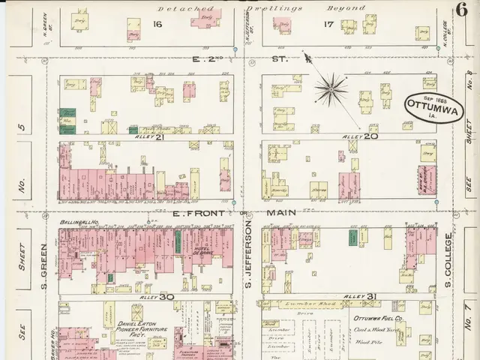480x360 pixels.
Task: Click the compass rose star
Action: (x=331, y=91)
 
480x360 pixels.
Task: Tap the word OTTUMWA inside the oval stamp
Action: (x=428, y=104)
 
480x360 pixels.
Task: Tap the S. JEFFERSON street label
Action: (x=247, y=261)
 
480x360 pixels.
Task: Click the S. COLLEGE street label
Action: (x=447, y=262)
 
